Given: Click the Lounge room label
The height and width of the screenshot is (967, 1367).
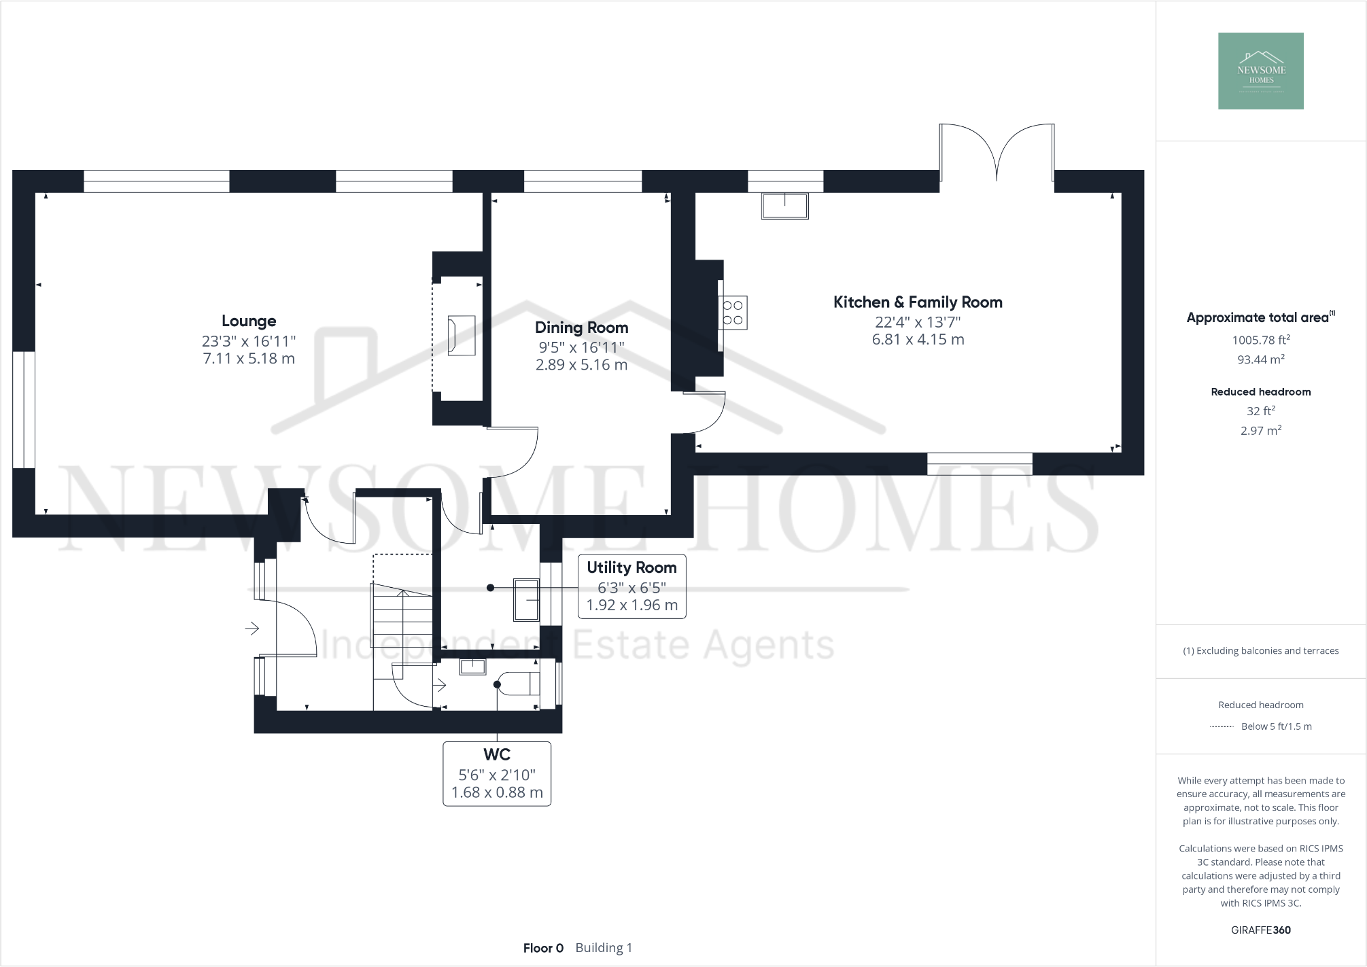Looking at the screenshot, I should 249,321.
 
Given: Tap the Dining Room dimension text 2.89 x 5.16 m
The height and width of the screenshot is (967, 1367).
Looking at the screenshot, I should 581,365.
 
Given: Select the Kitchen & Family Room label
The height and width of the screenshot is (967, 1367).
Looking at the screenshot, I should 918,302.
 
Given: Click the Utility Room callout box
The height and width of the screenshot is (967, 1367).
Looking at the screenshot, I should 631,586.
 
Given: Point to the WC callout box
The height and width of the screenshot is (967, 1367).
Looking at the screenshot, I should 497,773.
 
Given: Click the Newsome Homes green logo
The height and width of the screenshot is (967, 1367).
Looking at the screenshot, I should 1260,71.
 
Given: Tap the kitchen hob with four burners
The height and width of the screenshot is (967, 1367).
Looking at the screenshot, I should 733,313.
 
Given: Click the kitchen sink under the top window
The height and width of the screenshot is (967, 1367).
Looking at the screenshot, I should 785,205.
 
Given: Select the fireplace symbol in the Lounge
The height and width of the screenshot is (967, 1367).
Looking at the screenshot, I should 462,335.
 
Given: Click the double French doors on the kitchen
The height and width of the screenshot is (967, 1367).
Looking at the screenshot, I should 997,153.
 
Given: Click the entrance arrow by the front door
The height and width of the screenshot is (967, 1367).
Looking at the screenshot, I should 252,629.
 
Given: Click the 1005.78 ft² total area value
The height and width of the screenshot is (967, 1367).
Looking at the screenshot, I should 1260,340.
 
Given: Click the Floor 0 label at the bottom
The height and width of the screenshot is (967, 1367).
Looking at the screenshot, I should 543,948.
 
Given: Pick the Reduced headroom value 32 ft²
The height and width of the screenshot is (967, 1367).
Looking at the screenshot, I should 1260,411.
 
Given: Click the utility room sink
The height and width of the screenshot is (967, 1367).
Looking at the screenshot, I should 526,599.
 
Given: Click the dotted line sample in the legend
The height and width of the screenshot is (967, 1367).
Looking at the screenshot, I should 1222,726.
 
